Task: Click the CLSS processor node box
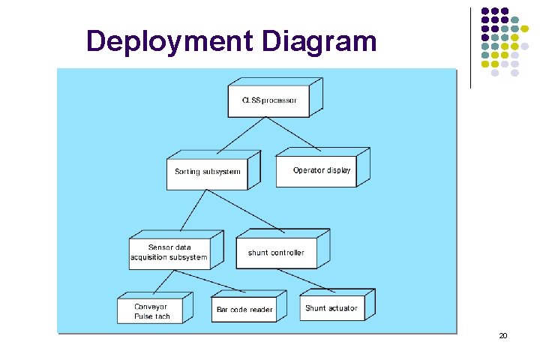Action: pos(269,100)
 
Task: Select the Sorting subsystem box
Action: pos(208,172)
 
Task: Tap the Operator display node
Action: pos(322,170)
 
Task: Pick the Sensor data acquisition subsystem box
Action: pos(169,252)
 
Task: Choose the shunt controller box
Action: pos(276,253)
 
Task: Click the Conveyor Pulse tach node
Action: pos(151,311)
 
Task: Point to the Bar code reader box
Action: pos(244,309)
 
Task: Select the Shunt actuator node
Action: pos(331,307)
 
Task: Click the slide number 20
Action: pos(503,335)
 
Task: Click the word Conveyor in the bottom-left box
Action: pos(151,306)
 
